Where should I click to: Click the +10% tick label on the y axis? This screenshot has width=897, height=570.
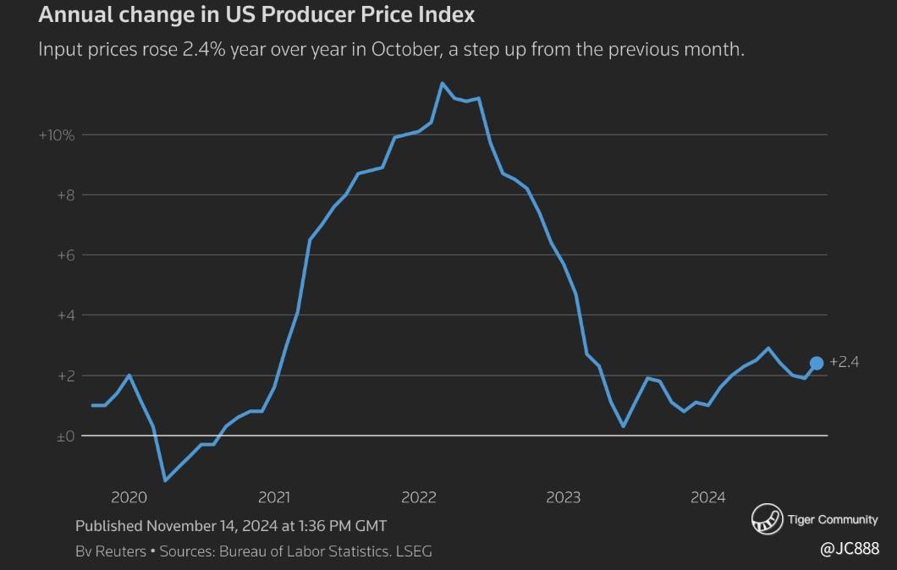click(x=57, y=135)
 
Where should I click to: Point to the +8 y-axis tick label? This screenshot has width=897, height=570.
click(x=65, y=195)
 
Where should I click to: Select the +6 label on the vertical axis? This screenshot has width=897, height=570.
click(x=65, y=255)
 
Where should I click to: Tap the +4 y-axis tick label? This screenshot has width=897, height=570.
click(x=65, y=315)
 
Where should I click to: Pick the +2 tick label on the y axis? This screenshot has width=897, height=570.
click(x=65, y=375)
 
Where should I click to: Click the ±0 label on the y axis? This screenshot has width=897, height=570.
click(x=65, y=436)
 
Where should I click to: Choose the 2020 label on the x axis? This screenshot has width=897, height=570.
click(x=129, y=497)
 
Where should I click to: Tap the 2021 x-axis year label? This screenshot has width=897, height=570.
click(x=273, y=497)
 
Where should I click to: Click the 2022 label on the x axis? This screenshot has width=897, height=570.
click(x=418, y=497)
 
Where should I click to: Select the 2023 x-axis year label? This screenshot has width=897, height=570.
click(x=563, y=497)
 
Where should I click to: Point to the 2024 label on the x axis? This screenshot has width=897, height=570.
click(x=707, y=497)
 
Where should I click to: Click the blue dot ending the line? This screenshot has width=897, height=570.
click(x=817, y=364)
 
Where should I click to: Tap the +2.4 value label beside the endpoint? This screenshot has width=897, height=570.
click(x=845, y=362)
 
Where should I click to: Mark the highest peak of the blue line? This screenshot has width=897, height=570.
click(x=442, y=83)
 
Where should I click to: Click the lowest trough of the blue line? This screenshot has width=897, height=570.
click(x=165, y=480)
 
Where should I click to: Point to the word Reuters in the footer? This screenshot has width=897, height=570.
click(x=120, y=551)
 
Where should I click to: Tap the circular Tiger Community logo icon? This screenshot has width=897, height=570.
click(x=767, y=519)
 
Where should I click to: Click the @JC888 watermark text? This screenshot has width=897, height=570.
click(x=850, y=550)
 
